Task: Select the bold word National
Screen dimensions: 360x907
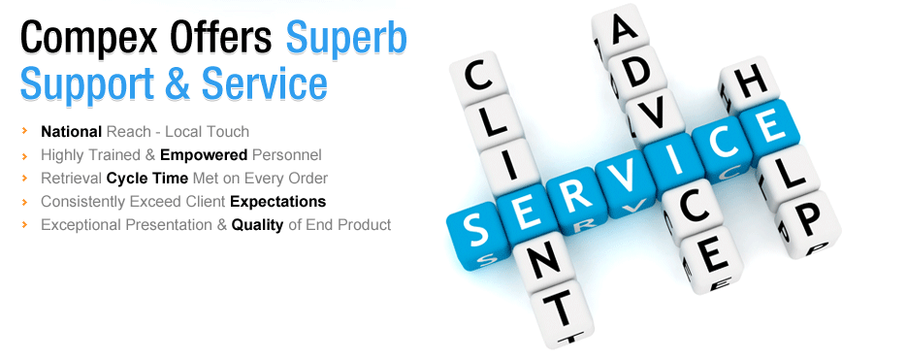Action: pyautogui.click(x=71, y=131)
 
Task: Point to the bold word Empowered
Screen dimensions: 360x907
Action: pyautogui.click(x=204, y=154)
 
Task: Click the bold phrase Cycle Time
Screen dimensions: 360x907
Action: pyautogui.click(x=146, y=178)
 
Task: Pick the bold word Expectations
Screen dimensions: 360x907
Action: pyautogui.click(x=278, y=201)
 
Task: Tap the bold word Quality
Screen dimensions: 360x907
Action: pyautogui.click(x=257, y=224)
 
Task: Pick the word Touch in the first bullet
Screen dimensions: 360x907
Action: pyautogui.click(x=227, y=131)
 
